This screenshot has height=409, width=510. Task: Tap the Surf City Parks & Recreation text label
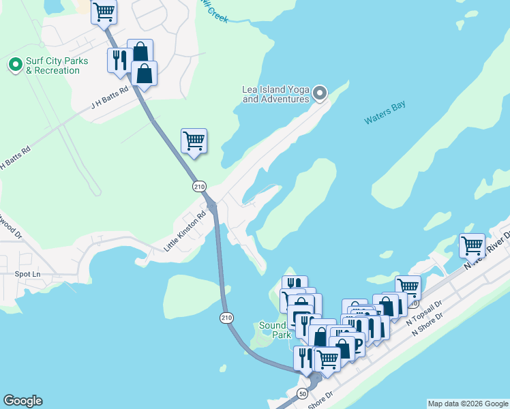pos(57,65)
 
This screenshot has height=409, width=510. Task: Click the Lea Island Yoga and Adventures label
pos(276,94)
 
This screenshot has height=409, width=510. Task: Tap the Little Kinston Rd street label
pos(184,232)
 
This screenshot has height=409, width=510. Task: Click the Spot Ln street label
pos(27,274)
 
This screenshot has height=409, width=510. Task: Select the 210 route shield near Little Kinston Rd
pos(198,186)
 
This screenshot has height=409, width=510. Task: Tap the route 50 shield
pos(303,393)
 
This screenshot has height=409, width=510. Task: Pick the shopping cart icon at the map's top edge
pos(104,11)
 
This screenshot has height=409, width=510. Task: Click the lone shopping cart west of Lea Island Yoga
pos(194,140)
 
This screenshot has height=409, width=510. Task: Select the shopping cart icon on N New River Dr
pos(472,245)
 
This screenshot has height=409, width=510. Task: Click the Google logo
pos(22,401)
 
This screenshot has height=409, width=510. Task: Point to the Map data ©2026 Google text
pos(468,404)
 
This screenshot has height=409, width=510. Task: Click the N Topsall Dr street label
pos(424,312)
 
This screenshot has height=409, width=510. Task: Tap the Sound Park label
pos(276,330)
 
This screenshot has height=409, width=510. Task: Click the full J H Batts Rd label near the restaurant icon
pos(110,99)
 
